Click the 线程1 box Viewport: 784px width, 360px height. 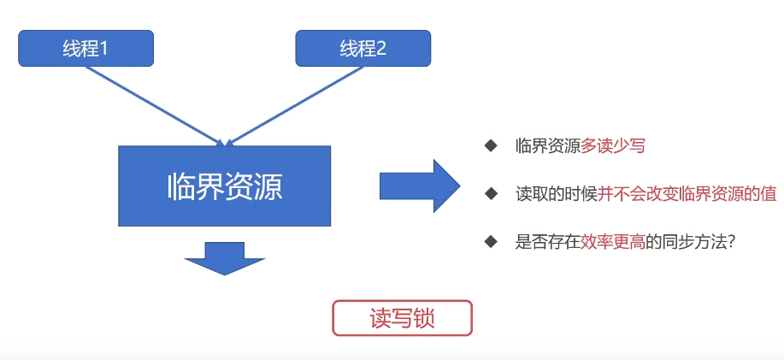click(85, 48)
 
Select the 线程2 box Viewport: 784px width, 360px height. click(363, 48)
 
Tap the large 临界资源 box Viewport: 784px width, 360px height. click(224, 186)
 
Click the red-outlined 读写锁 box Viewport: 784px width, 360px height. click(402, 318)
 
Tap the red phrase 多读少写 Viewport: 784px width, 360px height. click(613, 146)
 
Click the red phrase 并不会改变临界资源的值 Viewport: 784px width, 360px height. click(687, 193)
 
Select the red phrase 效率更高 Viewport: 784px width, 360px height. click(613, 241)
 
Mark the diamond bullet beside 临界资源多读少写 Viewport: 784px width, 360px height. click(490, 146)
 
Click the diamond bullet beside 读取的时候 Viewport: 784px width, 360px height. click(490, 193)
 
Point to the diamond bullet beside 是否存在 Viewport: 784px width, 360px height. click(490, 241)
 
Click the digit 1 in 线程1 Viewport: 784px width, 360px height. click(104, 49)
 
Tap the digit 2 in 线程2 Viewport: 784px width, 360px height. click(381, 49)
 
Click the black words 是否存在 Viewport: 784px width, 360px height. click(548, 241)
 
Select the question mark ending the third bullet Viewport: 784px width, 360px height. click(732, 241)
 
